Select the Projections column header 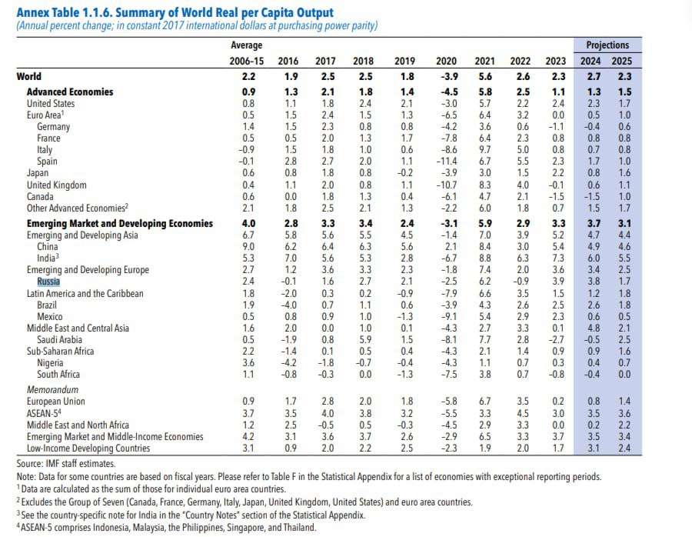607,45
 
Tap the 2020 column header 446,61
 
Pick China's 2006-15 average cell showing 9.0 248,247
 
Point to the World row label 29,76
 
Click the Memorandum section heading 52,390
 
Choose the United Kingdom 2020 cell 445,185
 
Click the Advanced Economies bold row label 71,92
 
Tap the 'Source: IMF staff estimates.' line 65,463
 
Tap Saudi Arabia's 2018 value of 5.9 364,340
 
